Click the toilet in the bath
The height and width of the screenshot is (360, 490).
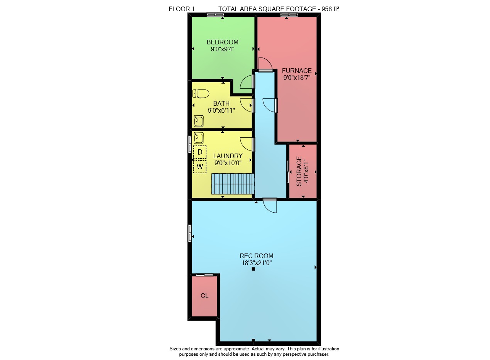tap(201, 94)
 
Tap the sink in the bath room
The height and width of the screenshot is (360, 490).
tap(199, 121)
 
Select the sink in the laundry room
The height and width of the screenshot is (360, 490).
tap(199, 138)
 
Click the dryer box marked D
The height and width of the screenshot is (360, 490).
tap(200, 152)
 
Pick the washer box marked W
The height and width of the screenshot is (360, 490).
tap(200, 167)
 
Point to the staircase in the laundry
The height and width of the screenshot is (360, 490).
tap(233, 184)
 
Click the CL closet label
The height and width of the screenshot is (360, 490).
tap(204, 296)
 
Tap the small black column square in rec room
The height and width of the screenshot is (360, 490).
tap(253, 269)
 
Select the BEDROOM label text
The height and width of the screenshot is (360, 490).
tap(223, 42)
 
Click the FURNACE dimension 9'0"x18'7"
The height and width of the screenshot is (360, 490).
tap(297, 78)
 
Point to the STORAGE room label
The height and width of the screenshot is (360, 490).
tap(299, 171)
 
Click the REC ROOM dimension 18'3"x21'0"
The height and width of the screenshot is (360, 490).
tap(256, 263)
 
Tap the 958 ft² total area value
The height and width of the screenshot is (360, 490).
tap(331, 9)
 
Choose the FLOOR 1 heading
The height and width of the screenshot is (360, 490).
tap(182, 9)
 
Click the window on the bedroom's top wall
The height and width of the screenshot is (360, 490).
tap(216, 15)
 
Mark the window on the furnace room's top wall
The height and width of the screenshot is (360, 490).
tap(289, 15)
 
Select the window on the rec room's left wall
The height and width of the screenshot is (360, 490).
tap(190, 233)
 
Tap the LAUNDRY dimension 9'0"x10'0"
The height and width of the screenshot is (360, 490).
tap(228, 163)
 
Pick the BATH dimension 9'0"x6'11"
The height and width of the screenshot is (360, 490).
tap(221, 110)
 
